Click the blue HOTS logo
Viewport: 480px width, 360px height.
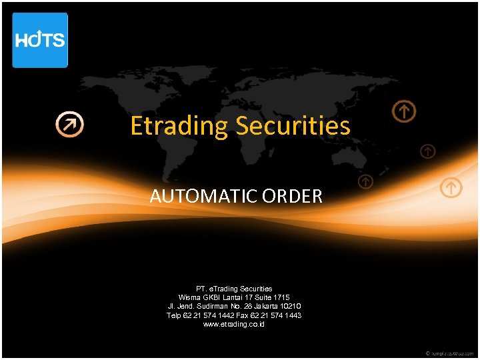(x=40, y=40)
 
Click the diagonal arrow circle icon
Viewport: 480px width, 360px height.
(x=69, y=124)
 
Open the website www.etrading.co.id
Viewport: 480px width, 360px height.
(x=234, y=323)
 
